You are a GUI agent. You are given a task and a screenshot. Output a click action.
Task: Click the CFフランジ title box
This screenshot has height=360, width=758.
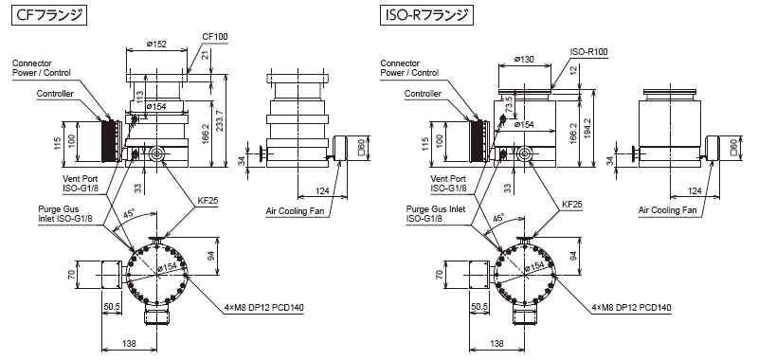click(48, 15)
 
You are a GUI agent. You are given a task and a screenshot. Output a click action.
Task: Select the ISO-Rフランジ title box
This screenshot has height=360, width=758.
click(426, 15)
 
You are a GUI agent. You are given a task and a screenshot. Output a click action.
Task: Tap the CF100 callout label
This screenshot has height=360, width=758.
click(215, 37)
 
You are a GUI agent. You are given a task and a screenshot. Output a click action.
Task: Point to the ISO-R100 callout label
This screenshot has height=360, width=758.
click(588, 52)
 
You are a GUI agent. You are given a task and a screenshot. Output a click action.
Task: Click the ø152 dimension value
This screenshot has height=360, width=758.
click(156, 44)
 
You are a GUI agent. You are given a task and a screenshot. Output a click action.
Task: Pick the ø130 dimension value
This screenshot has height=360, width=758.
click(524, 59)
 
